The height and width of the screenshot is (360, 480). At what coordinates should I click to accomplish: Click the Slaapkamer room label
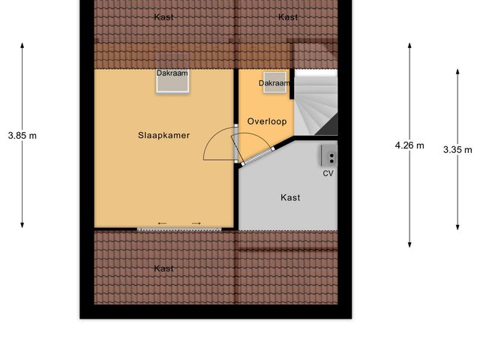pyautogui.click(x=163, y=136)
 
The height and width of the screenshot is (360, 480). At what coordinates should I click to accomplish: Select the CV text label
pyautogui.click(x=328, y=173)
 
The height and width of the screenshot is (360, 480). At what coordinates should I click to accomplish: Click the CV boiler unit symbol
pyautogui.click(x=328, y=156)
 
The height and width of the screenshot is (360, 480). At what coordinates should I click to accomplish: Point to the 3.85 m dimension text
pyautogui.click(x=22, y=136)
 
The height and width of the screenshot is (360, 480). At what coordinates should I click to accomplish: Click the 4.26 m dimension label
pyautogui.click(x=409, y=145)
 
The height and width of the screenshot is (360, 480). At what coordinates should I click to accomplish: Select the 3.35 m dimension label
pyautogui.click(x=457, y=149)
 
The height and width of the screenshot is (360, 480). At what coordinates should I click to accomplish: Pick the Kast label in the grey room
pyautogui.click(x=290, y=198)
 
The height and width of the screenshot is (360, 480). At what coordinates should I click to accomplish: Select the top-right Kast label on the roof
pyautogui.click(x=287, y=16)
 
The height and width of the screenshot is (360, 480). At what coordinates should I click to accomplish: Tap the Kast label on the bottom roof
pyautogui.click(x=163, y=268)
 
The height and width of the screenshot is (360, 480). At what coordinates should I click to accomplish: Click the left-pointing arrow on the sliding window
pyautogui.click(x=163, y=223)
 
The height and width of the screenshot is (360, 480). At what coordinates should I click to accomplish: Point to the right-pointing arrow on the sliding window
pyautogui.click(x=196, y=223)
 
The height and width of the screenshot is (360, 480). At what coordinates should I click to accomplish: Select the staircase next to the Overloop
pyautogui.click(x=315, y=105)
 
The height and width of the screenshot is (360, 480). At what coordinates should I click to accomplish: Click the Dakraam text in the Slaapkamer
pyautogui.click(x=172, y=73)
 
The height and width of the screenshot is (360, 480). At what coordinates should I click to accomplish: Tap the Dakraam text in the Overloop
pyautogui.click(x=274, y=82)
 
